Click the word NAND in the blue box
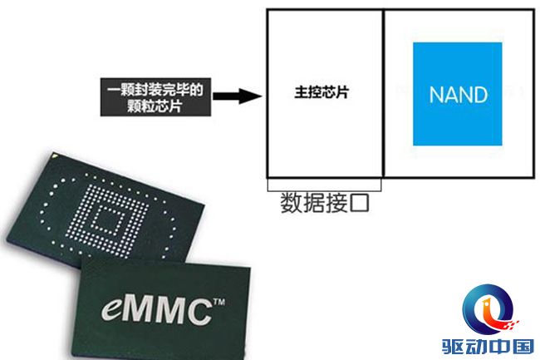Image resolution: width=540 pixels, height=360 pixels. click(459, 95)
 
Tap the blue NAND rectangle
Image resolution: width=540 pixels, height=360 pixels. click(458, 94)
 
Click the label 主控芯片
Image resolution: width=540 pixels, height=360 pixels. click(322, 92)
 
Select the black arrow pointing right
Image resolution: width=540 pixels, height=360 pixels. click(238, 96)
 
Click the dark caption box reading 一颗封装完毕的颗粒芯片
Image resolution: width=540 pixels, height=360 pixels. click(155, 97)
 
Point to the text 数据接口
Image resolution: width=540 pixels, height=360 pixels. click(325, 203)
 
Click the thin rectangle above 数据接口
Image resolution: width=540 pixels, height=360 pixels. click(324, 185)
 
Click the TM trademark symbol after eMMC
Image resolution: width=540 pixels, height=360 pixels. click(219, 302)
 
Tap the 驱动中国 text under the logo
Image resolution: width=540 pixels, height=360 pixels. click(488, 347)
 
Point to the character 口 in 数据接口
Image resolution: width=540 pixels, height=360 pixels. click(359, 203)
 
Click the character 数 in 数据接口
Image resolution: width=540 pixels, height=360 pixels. click(291, 203)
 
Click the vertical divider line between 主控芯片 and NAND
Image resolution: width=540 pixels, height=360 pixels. click(383, 93)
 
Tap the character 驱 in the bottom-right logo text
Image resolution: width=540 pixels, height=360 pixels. click(454, 347)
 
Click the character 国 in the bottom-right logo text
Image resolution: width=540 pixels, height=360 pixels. click(523, 347)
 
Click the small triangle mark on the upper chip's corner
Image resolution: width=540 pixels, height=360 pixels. click(54, 155)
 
